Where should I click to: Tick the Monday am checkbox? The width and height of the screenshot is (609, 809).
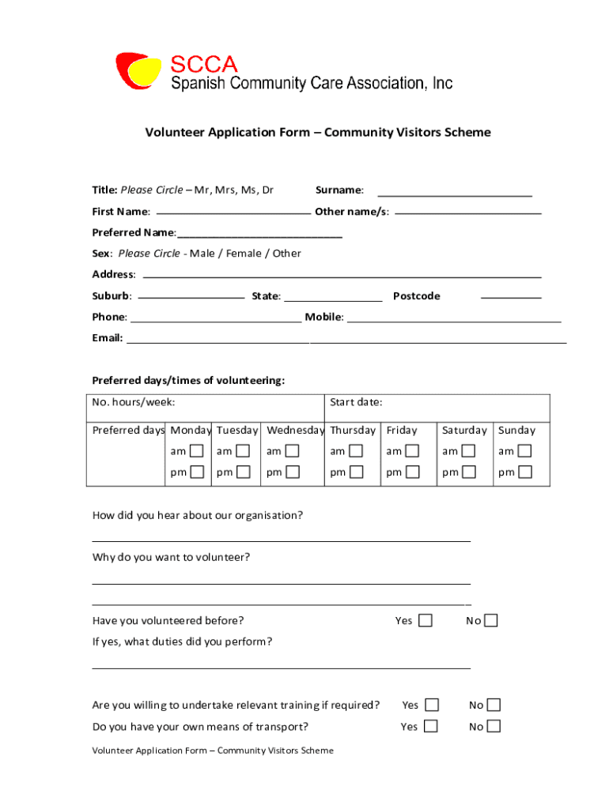tap(197, 451)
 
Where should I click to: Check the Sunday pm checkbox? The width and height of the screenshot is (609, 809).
tap(525, 472)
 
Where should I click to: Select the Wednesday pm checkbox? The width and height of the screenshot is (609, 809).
tap(293, 472)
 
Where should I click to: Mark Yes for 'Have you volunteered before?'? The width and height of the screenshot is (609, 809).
tap(426, 620)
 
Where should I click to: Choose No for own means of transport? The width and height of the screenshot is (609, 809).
tap(494, 726)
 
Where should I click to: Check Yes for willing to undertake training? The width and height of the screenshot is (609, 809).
tap(431, 705)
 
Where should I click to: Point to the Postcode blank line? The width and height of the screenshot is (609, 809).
tap(511, 297)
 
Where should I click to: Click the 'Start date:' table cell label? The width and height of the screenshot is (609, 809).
tap(356, 402)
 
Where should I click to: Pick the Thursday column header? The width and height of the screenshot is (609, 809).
tap(353, 431)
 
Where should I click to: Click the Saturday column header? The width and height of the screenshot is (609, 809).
tap(464, 431)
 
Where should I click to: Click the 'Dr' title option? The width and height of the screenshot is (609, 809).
tap(267, 190)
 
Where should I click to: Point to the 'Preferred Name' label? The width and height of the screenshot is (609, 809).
tap(133, 232)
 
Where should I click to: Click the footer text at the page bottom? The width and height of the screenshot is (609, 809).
tap(213, 751)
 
